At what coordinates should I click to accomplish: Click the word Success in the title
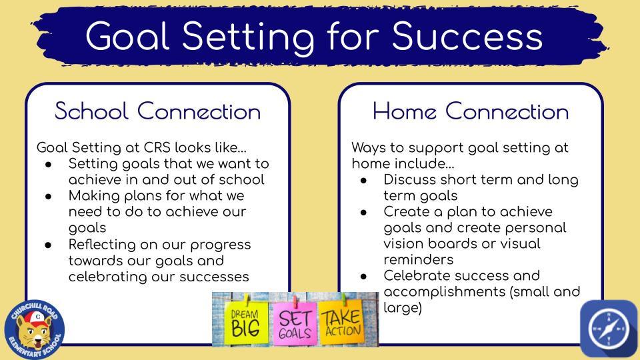(x=467, y=36)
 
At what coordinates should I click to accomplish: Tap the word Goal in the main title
(x=127, y=36)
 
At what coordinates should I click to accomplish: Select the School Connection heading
(x=157, y=111)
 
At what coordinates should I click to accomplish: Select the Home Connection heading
(x=471, y=111)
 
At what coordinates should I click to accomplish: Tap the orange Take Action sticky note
(x=342, y=321)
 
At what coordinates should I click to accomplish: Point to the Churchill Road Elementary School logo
(x=34, y=330)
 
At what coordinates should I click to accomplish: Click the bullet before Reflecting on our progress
(x=49, y=245)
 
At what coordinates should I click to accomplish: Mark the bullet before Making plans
(x=49, y=196)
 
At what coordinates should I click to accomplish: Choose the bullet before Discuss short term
(x=364, y=181)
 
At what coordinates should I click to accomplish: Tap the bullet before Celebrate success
(x=364, y=276)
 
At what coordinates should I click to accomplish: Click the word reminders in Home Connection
(x=419, y=259)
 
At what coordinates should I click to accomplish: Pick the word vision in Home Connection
(x=404, y=244)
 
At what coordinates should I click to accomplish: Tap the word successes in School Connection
(x=214, y=277)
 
